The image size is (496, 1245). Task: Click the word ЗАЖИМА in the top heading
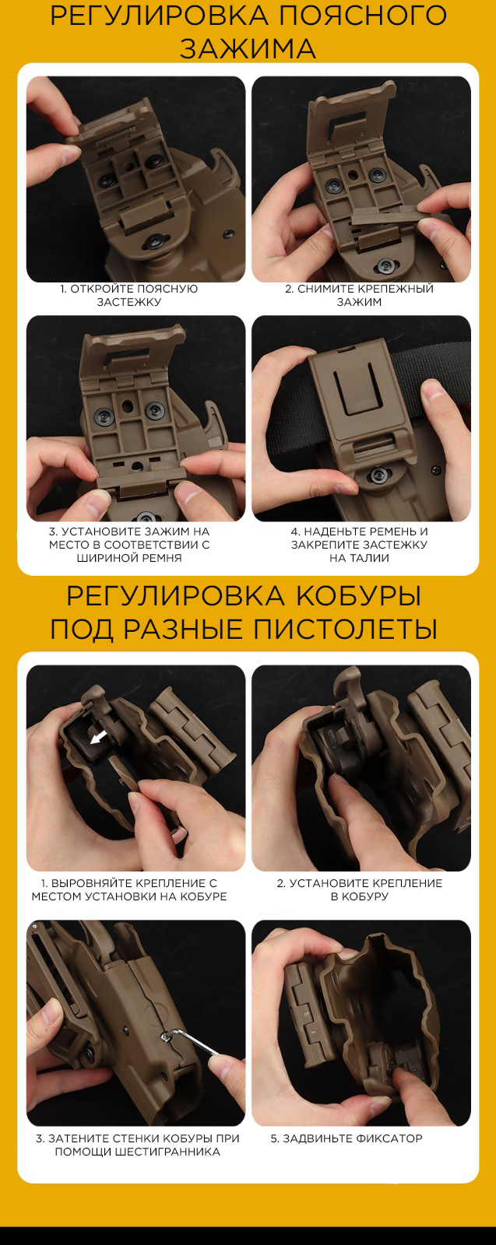tap(248, 49)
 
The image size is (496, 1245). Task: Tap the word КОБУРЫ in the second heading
tap(357, 596)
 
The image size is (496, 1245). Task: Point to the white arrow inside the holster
tap(98, 738)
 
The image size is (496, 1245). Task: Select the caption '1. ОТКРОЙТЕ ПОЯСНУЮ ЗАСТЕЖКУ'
tap(129, 296)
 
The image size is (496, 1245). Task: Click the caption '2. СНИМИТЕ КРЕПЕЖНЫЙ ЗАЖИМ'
tap(359, 296)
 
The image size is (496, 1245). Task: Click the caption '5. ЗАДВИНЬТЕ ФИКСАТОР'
tap(346, 1139)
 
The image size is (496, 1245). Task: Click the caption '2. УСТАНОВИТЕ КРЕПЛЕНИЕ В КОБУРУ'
tap(360, 890)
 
